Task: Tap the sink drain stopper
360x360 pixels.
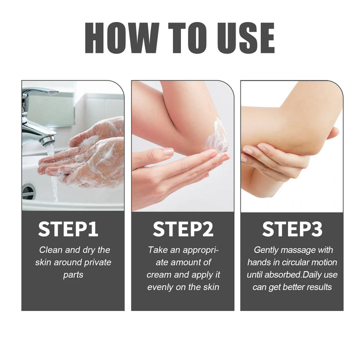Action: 28,191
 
